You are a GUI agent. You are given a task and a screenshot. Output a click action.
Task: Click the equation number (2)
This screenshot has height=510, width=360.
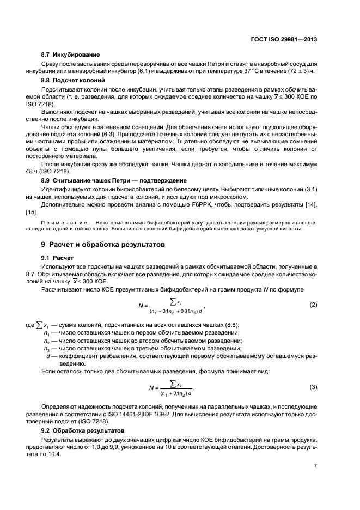(x=313, y=304)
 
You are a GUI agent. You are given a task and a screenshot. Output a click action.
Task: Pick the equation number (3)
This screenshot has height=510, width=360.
(x=313, y=387)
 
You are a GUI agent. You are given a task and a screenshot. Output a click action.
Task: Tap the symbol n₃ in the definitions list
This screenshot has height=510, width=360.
(x=47, y=349)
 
